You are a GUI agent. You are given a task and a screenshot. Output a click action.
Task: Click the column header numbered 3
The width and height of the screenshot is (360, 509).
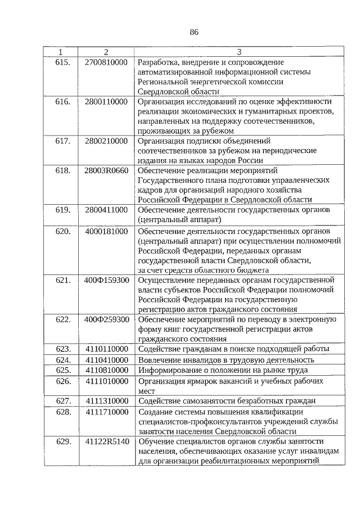pos(239,52)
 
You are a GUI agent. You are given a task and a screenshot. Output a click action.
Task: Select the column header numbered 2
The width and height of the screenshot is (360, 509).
pos(106,52)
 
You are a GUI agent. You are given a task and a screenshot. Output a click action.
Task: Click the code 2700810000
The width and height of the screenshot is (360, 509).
pos(106,61)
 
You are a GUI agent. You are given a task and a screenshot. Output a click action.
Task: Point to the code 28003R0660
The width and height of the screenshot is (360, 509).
pos(107,170)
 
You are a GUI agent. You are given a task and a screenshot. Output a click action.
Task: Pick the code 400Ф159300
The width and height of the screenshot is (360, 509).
pos(107,279)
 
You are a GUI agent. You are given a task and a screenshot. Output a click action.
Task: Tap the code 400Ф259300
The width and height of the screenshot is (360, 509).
pos(107,319)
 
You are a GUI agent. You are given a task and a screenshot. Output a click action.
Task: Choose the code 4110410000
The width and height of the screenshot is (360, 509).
pos(106,360)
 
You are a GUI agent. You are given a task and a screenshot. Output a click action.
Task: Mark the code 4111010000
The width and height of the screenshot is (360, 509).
pos(106,381)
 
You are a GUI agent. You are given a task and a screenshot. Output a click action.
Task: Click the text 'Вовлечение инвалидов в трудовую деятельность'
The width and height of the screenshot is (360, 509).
pos(226,360)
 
